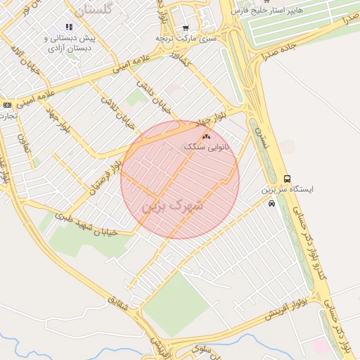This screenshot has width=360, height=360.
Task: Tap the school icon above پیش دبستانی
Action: [69, 27]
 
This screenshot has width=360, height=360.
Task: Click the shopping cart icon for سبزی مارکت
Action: [185, 28]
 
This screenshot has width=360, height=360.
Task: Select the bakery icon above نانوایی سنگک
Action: [206, 136]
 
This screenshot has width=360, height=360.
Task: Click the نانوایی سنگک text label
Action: [207, 148]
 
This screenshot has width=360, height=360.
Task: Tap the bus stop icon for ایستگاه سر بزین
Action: [286, 179]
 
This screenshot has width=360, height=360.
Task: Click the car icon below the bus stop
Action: [271, 204]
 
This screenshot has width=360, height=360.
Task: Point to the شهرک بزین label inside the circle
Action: [172, 206]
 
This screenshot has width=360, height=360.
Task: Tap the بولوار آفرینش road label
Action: [287, 309]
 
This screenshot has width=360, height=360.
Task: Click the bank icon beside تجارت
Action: [7, 104]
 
